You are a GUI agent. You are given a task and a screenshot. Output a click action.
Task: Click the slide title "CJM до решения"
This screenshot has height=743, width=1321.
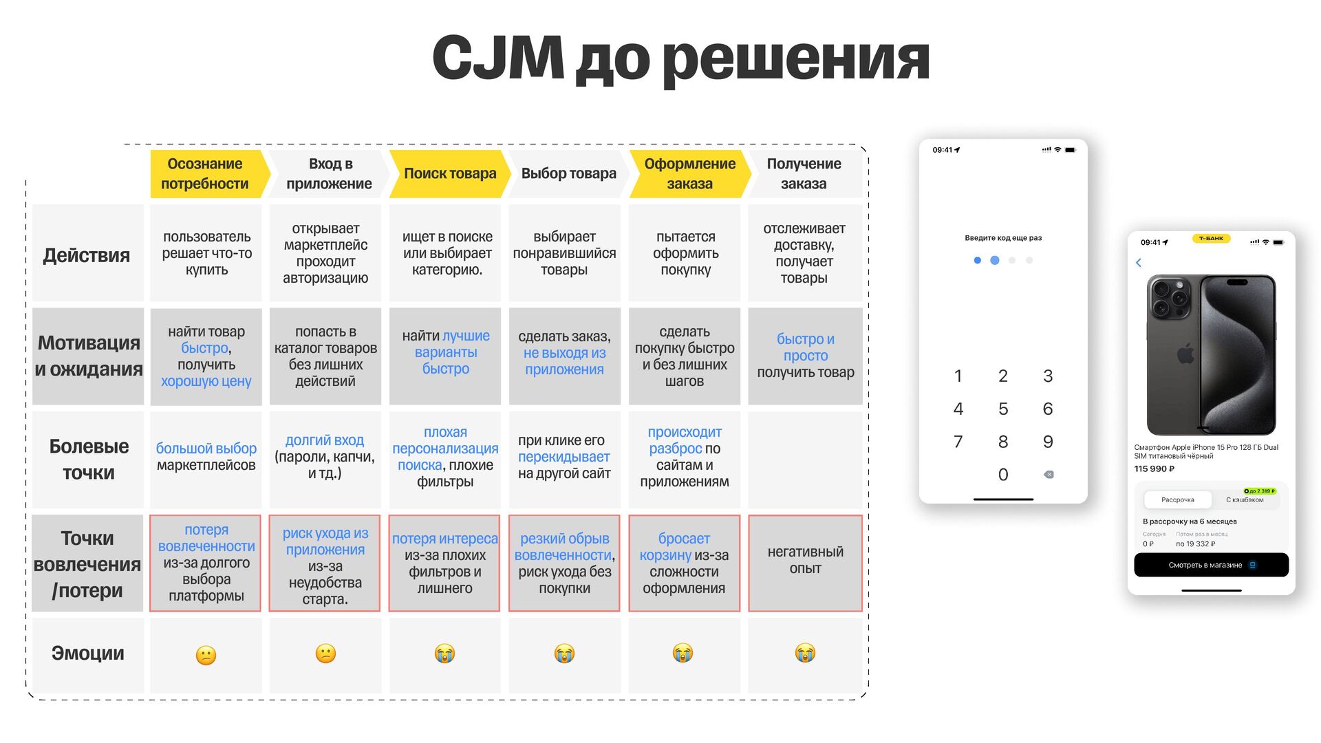[x=680, y=59]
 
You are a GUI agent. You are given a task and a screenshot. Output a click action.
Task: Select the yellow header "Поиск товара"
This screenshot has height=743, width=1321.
[x=450, y=173]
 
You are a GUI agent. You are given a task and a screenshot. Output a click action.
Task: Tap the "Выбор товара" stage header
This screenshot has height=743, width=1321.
[x=568, y=173]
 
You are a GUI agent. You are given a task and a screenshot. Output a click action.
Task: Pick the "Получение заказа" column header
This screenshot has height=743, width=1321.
[x=804, y=173]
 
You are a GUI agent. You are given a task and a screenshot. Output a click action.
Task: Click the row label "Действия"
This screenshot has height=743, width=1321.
[x=87, y=255]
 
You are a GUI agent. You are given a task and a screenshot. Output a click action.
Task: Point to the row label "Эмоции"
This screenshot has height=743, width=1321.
[x=88, y=653]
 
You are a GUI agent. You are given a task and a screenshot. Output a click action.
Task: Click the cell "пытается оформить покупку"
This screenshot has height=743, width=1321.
[x=685, y=253]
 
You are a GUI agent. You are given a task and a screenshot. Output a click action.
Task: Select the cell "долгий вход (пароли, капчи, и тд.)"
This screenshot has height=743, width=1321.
[x=325, y=457]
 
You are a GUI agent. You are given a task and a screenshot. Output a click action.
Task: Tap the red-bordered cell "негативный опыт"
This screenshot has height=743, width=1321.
[x=805, y=560]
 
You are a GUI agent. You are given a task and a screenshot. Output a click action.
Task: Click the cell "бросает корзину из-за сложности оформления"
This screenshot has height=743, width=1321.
[x=684, y=563]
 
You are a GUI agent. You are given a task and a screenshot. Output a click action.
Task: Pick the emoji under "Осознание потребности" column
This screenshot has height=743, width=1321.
[x=206, y=654]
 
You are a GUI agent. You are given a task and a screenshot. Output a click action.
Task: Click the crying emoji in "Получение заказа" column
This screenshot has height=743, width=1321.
[x=805, y=652]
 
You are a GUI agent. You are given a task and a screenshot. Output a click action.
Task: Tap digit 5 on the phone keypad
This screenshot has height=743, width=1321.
[x=1003, y=409]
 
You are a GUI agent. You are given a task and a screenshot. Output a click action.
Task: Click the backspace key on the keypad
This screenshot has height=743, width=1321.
[x=1049, y=475]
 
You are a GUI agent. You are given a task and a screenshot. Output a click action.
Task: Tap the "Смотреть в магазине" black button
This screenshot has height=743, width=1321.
[x=1211, y=565]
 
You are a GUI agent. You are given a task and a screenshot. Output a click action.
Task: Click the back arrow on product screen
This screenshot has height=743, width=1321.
[x=1139, y=263]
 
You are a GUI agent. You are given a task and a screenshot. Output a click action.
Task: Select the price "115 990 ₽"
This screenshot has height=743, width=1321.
[x=1154, y=469]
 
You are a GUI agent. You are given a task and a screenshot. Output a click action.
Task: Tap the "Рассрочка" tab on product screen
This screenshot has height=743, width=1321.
[x=1178, y=500]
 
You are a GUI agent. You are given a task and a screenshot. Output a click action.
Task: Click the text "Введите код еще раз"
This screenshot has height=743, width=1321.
[x=1003, y=238]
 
